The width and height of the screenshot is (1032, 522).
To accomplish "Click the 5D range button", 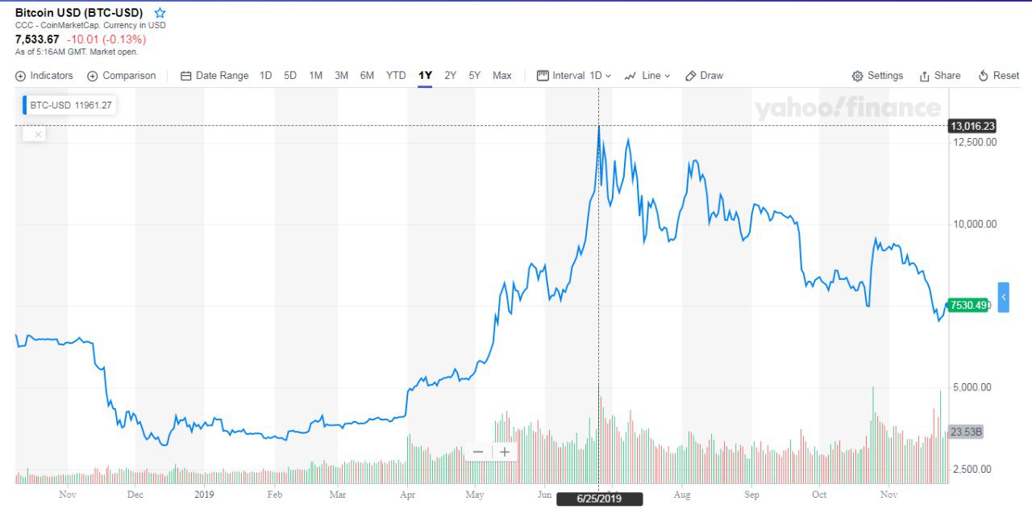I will pos(290,76).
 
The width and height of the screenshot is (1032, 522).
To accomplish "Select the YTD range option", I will pos(396,76).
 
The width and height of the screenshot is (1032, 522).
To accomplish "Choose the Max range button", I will pos(502,76).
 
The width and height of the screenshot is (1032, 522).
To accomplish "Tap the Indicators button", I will pos(44,76).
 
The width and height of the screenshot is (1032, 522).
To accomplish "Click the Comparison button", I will pos(122,76).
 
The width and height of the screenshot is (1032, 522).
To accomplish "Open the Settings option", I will pos(877,76).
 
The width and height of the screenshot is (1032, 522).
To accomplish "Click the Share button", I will pos(940,76).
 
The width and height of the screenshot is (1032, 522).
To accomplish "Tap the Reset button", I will pos(999,76).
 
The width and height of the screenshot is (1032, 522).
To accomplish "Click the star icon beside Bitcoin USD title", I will pos(160,13).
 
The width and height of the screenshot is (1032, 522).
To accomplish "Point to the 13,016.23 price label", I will pos(972,126).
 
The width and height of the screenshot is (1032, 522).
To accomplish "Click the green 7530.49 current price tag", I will pos(967,305).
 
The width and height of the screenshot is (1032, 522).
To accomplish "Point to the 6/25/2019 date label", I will pos(599,499).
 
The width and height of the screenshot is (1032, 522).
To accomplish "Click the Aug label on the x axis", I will pos(682,495).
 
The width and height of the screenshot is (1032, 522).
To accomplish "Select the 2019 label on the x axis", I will pos(205,495).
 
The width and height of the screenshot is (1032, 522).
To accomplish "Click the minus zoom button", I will pos(478,452).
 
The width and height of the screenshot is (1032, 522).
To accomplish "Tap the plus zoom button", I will pos(505,452).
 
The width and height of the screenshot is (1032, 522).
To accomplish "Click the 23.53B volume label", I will pos(966,432).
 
